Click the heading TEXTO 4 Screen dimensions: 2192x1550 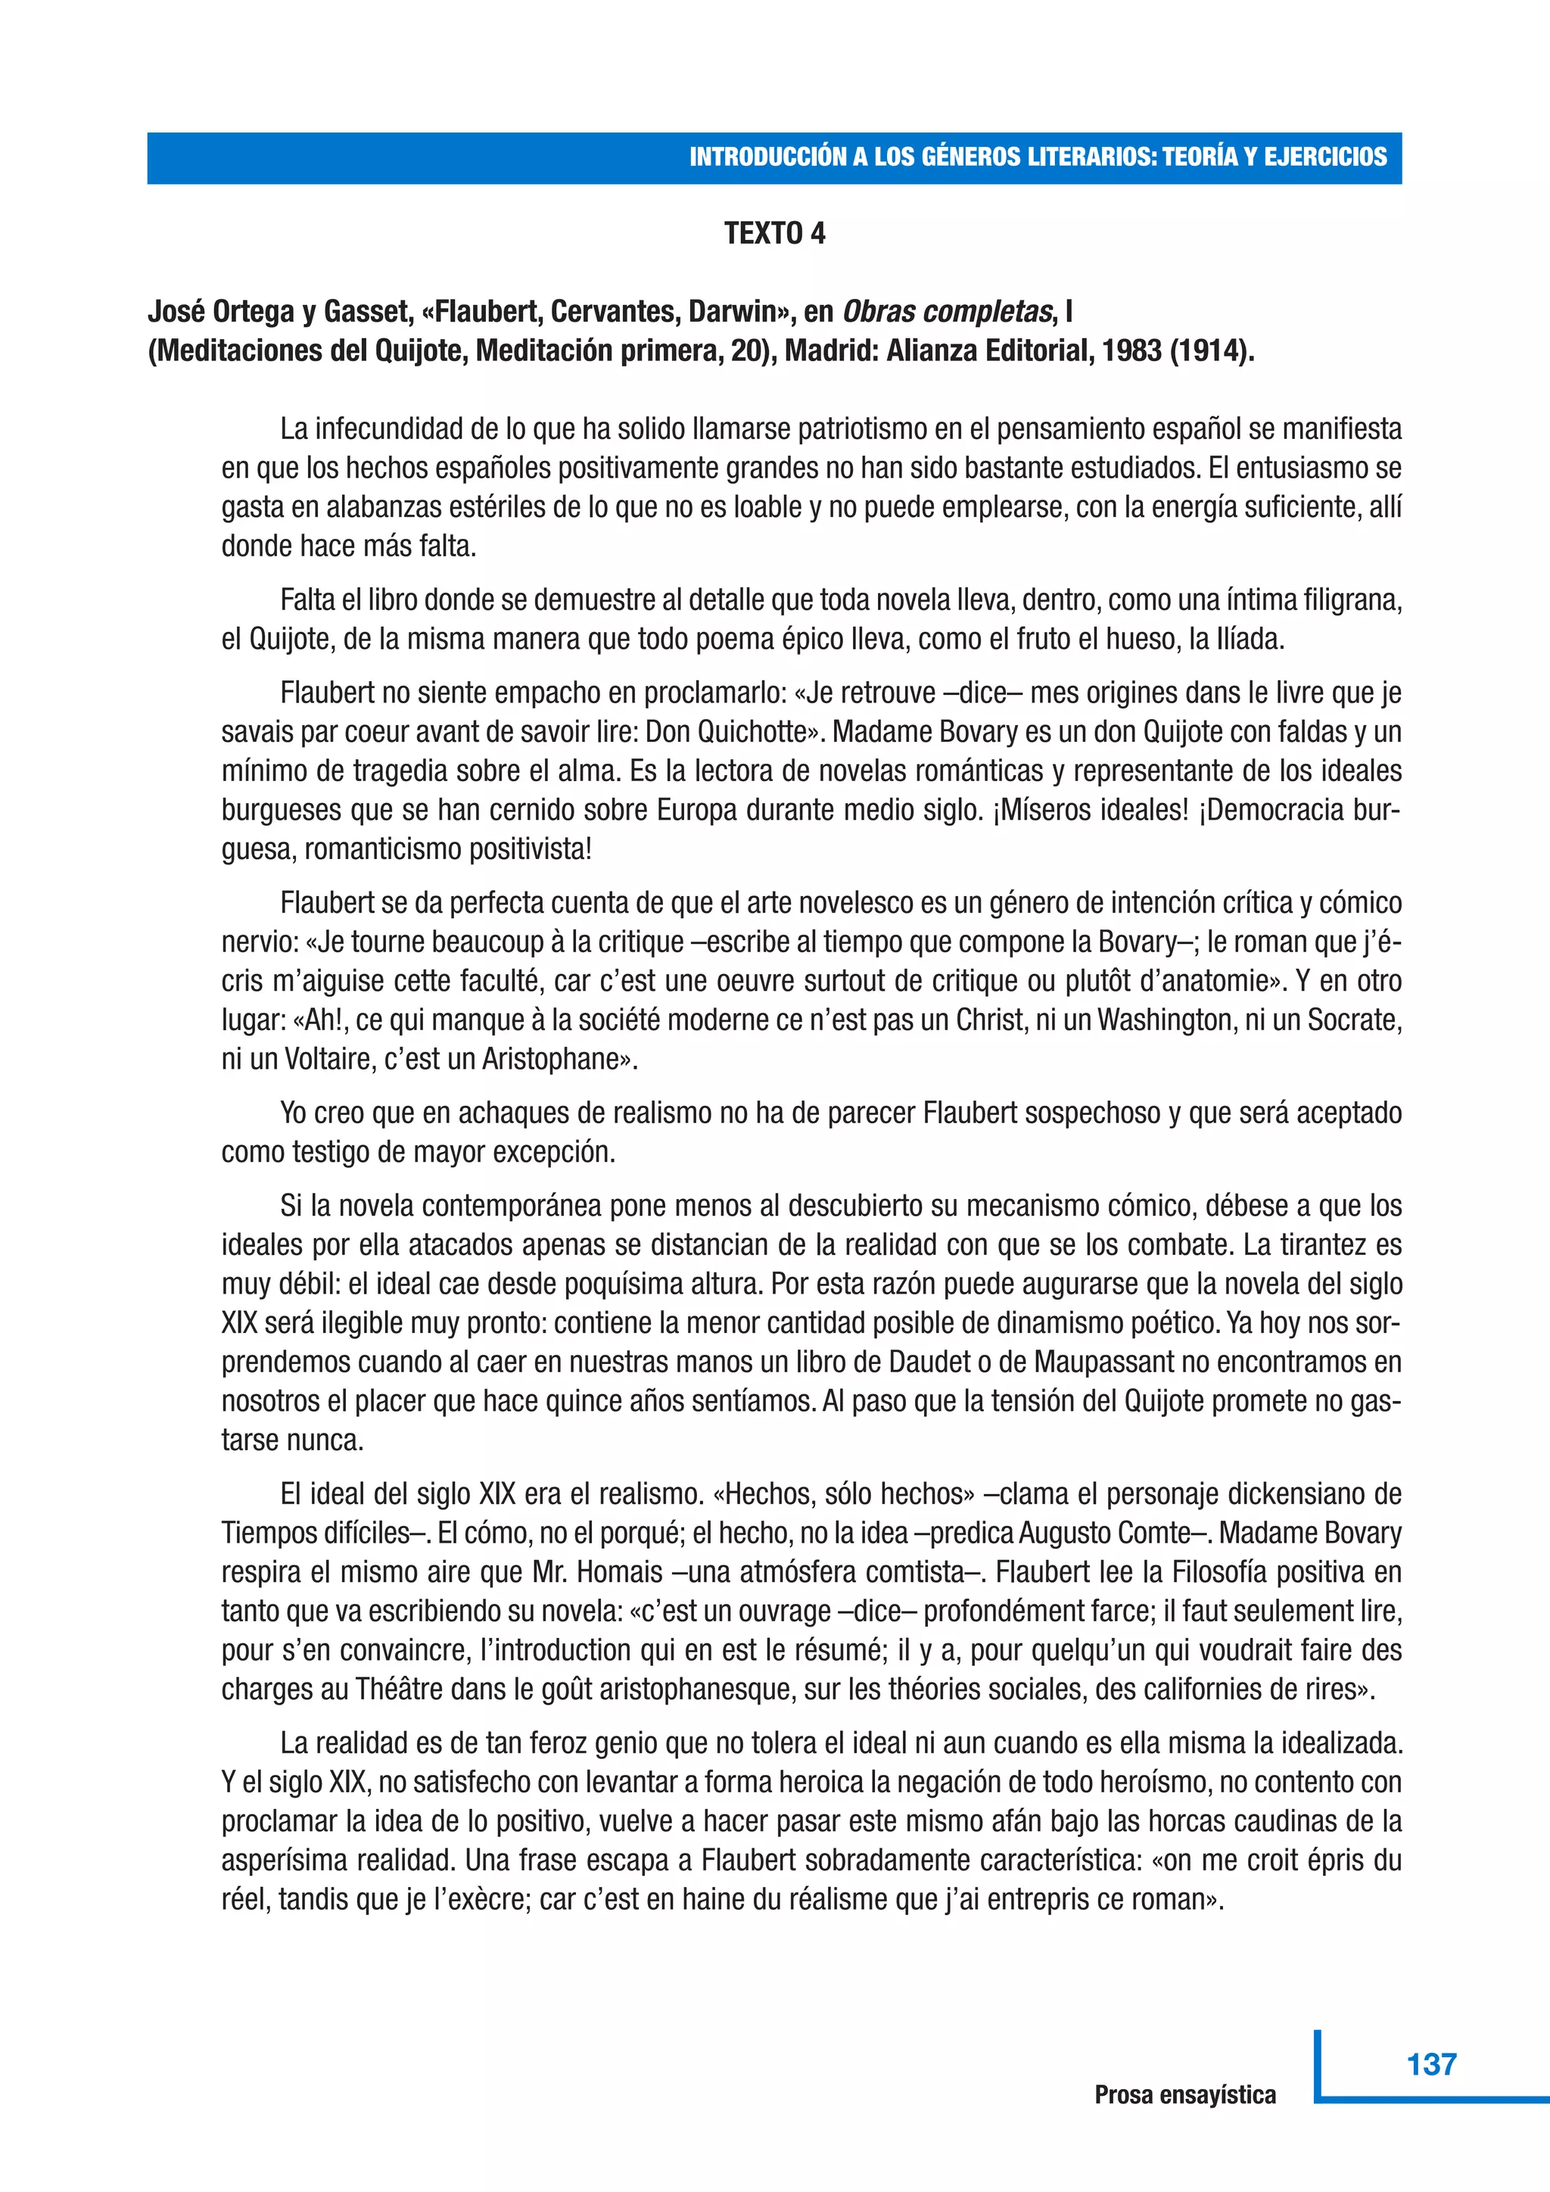click(x=774, y=234)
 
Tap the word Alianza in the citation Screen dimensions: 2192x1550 click(x=932, y=351)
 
